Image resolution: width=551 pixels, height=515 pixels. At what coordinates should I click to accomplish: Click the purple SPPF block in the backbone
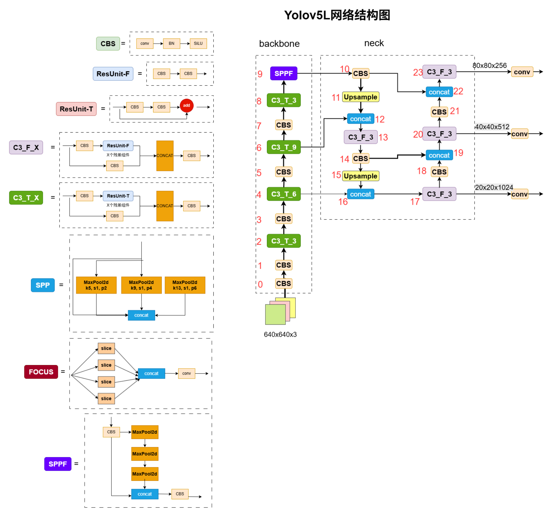pyautogui.click(x=283, y=73)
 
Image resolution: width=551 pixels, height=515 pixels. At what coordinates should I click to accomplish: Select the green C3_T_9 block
pyautogui.click(x=283, y=147)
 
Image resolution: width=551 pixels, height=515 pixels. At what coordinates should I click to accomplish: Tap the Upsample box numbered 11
pyautogui.click(x=360, y=97)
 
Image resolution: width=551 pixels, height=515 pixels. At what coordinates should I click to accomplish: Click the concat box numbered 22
pyautogui.click(x=439, y=92)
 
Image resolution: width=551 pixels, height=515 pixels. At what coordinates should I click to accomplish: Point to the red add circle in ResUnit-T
pyautogui.click(x=186, y=105)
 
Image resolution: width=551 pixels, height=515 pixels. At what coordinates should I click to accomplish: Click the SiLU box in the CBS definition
pyautogui.click(x=198, y=43)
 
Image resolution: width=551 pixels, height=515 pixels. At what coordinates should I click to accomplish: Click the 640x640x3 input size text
pyautogui.click(x=280, y=334)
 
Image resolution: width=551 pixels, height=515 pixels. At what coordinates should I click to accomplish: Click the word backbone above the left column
pyautogui.click(x=279, y=44)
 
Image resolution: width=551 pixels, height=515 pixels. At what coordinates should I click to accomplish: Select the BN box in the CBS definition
pyautogui.click(x=171, y=43)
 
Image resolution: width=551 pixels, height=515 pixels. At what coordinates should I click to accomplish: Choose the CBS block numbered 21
pyautogui.click(x=439, y=112)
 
